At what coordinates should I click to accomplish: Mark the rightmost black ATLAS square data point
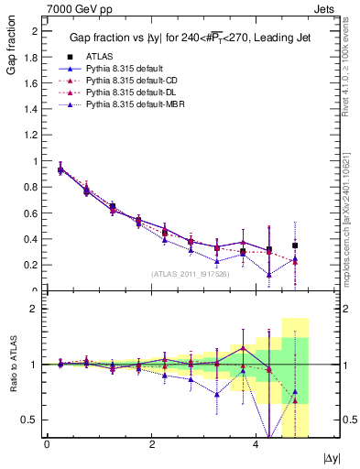point(295,245)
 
